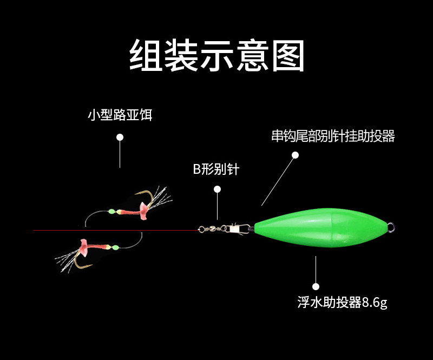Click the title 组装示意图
216,55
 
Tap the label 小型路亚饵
120,115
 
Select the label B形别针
216,169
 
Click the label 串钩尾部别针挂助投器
333,136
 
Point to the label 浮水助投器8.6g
342,302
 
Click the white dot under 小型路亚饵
120,138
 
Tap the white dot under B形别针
217,189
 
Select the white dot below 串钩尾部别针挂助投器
295,155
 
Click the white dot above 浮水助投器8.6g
316,286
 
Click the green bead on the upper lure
111,212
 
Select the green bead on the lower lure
115,248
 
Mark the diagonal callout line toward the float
278,180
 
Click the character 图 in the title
287,55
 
